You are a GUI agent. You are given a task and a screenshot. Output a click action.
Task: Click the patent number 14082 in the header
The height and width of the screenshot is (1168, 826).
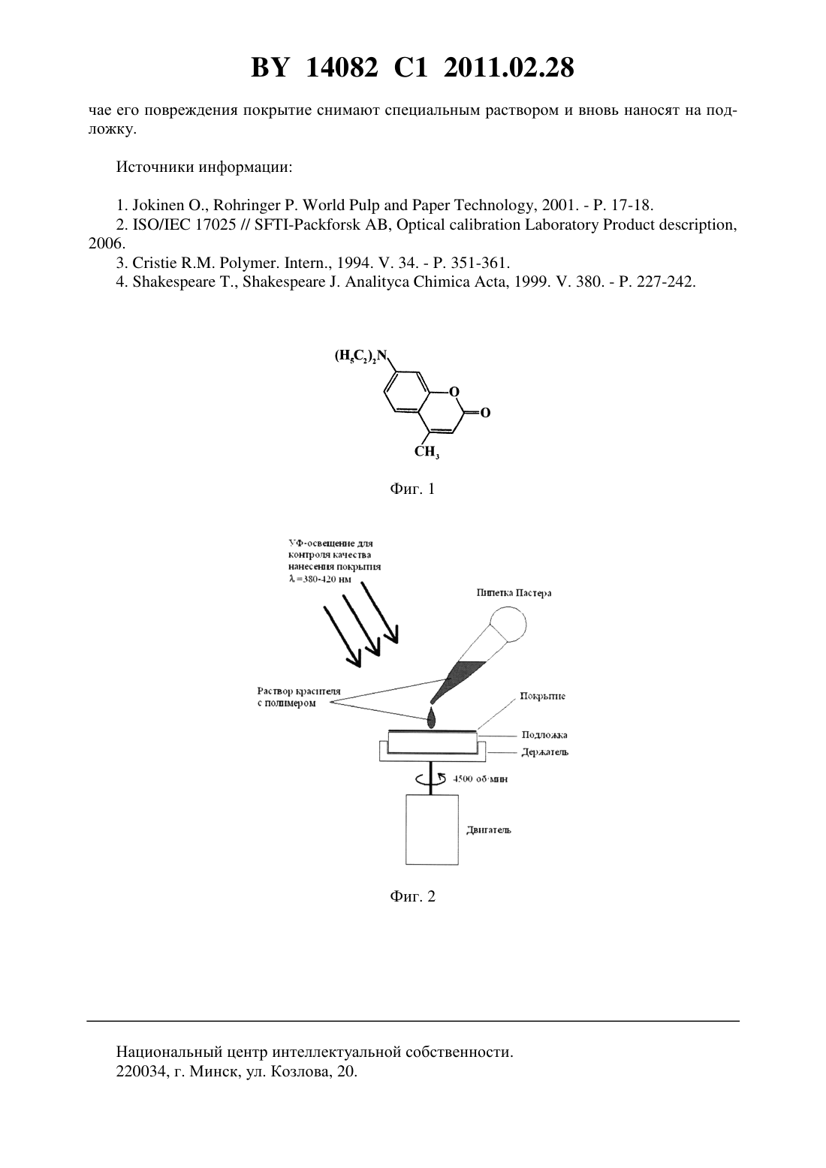pyautogui.click(x=342, y=68)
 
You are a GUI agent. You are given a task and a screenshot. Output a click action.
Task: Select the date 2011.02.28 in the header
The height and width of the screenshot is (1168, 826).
pyautogui.click(x=509, y=68)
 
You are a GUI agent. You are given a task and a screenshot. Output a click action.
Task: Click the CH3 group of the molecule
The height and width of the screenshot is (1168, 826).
pyautogui.click(x=427, y=452)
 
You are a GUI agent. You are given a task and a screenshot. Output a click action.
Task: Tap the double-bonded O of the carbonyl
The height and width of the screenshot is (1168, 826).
pyautogui.click(x=485, y=414)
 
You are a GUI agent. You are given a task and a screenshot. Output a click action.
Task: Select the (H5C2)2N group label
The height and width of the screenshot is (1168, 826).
pyautogui.click(x=361, y=356)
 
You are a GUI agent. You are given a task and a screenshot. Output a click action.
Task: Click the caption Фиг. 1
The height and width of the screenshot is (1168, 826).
pyautogui.click(x=412, y=489)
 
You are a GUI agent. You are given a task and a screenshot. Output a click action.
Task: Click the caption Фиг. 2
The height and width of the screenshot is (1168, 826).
pyautogui.click(x=412, y=896)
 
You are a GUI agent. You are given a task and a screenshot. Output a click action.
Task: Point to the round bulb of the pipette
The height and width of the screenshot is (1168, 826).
pyautogui.click(x=508, y=625)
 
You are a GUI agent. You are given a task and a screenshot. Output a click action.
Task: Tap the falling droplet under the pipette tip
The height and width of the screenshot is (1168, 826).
pyautogui.click(x=432, y=718)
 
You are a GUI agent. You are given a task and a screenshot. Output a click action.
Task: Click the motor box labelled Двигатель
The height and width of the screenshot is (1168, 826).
pyautogui.click(x=433, y=829)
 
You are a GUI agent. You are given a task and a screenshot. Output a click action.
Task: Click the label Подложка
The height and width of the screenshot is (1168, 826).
pyautogui.click(x=544, y=735)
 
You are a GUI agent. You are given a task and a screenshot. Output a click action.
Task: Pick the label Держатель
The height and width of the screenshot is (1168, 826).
pyautogui.click(x=545, y=752)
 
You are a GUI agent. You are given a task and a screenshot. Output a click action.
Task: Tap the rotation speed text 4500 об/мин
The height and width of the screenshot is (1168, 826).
pyautogui.click(x=480, y=779)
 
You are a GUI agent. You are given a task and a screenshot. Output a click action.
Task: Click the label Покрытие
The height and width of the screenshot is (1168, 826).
pyautogui.click(x=542, y=696)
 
